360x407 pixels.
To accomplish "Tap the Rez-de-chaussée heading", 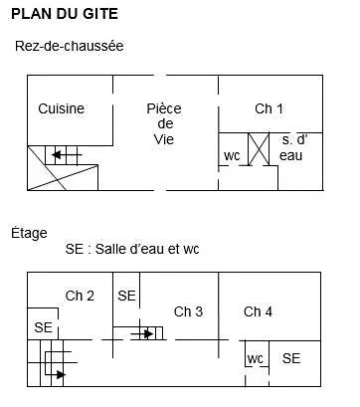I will pos(69,46).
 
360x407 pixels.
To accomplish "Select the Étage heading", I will pos(30,233).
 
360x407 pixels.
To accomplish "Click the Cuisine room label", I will pos(62,108).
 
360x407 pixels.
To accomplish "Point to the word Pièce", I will pos(164,108).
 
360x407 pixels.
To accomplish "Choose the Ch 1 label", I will pos(270,108).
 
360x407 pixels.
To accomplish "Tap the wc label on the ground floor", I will pos(232,155).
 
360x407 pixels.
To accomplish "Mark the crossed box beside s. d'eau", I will pos(259,149).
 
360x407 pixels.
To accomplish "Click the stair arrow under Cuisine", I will pos(64,155).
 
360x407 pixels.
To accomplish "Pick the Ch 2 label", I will pos(80,296).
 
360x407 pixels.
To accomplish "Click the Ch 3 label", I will pos(188,311).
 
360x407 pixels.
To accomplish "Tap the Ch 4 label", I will pos(258,311).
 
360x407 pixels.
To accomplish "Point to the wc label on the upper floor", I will pos(255,358).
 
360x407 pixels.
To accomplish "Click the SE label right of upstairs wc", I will pos(291,358).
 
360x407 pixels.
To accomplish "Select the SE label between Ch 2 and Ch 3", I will pos(126,296).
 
